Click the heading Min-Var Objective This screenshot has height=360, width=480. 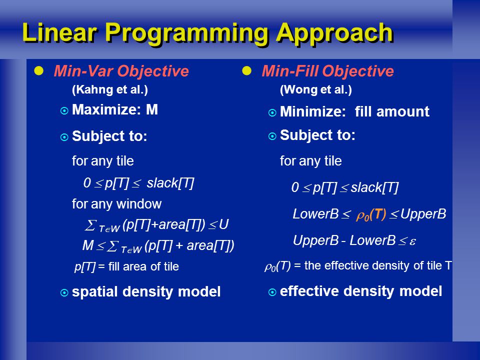pos(121,71)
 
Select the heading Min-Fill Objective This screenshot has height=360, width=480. pos(327,71)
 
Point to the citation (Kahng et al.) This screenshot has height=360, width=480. pos(110,89)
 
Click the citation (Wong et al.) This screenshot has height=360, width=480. pos(316,89)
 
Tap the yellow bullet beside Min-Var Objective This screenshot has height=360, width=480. pos(39,70)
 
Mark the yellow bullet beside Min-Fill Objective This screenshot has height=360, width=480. pos(246,70)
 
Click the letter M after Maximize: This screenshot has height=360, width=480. pos(152,109)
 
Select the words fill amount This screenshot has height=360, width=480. pos(392,111)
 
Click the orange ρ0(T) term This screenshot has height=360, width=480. pos(371,214)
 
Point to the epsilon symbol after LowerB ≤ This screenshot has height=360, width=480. pos(412,241)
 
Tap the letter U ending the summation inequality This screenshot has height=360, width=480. pos(224,224)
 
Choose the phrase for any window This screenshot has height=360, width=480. pos(116,204)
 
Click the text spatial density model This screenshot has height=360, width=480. pos(146,291)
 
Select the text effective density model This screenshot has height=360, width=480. pos(361,291)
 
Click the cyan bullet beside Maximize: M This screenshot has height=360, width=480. pos(64,110)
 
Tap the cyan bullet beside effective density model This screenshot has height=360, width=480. pos(272,292)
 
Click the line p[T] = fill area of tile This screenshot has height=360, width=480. pos(126,266)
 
